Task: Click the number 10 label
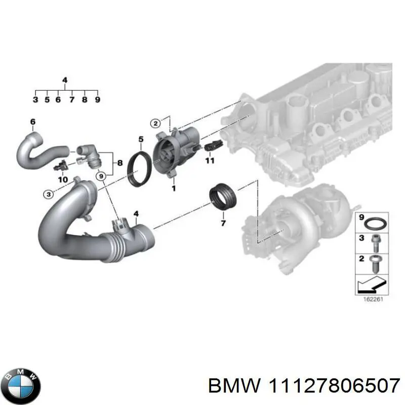click(63, 179)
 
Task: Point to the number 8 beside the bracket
click(120, 163)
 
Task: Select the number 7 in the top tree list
click(71, 100)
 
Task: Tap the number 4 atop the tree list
click(64, 80)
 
